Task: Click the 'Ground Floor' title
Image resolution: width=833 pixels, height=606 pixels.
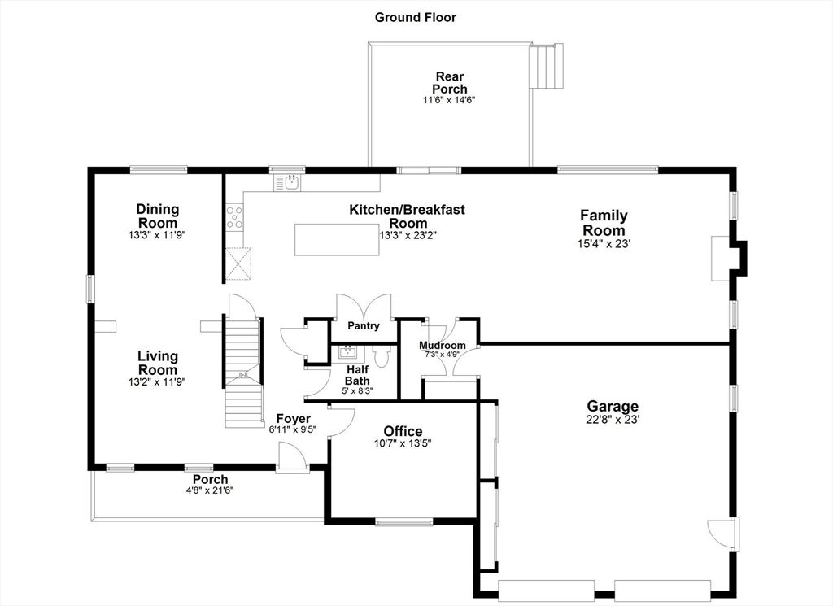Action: click(416, 18)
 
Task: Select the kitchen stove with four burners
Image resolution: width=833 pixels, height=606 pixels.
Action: click(234, 218)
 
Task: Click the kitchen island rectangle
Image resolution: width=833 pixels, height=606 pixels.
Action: click(337, 239)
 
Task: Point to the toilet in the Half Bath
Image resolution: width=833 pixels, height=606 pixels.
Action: click(382, 355)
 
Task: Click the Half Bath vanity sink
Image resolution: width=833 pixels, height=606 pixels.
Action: click(348, 351)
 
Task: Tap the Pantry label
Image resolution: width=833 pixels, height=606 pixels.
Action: click(364, 325)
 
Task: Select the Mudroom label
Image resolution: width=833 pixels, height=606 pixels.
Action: click(442, 345)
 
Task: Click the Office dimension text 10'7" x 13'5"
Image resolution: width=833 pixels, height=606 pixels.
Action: click(402, 443)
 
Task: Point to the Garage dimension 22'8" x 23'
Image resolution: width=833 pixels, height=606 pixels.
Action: click(613, 419)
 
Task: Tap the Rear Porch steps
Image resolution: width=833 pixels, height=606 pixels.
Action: click(546, 67)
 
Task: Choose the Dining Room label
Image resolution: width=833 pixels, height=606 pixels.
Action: click(157, 216)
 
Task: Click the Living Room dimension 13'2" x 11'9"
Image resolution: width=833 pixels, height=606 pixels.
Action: click(157, 381)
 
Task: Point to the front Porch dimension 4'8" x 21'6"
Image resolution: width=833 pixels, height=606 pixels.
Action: click(210, 490)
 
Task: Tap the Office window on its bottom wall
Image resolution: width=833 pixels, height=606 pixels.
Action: click(404, 522)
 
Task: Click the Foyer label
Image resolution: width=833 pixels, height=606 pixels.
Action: click(293, 419)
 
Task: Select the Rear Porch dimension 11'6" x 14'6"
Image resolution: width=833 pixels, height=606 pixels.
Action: click(449, 99)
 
